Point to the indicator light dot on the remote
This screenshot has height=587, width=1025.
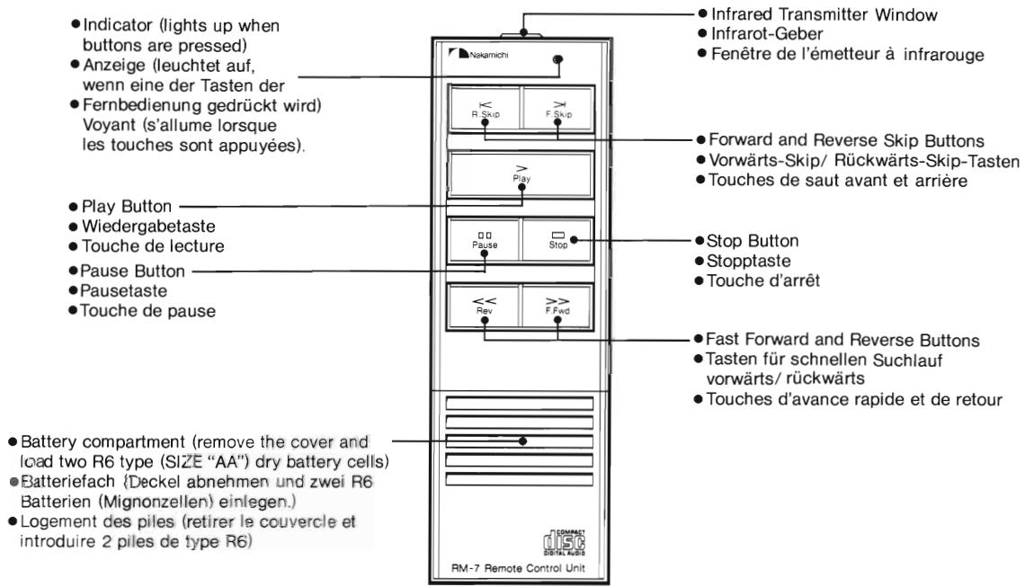click(x=558, y=60)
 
